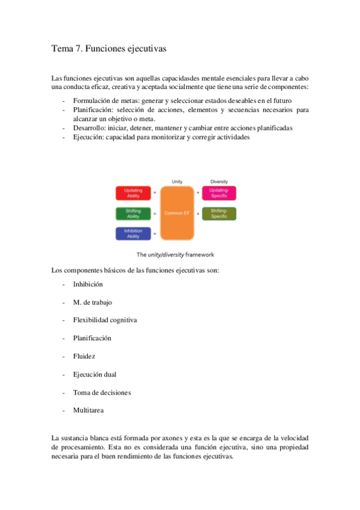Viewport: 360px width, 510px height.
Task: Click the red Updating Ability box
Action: pos(133,192)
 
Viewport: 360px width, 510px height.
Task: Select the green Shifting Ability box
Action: pos(133,213)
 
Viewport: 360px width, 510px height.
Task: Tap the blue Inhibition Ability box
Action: pos(133,233)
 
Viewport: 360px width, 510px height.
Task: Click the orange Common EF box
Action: pos(177,213)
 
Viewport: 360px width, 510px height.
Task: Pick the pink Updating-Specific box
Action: pos(219,192)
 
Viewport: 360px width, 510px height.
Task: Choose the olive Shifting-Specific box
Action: pos(219,213)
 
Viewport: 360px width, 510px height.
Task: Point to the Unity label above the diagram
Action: pos(177,181)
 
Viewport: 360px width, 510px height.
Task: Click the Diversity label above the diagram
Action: pos(219,181)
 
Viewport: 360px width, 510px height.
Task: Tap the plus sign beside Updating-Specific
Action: pos(198,193)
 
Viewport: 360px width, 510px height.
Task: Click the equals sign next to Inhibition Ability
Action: pos(154,234)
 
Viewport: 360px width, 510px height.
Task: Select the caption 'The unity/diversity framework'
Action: pos(175,254)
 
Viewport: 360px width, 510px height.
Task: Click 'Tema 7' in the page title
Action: pos(67,49)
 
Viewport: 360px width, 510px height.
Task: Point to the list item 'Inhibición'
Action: pos(88,284)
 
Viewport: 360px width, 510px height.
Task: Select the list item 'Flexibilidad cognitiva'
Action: pos(105,320)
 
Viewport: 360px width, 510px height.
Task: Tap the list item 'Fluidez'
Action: pos(84,356)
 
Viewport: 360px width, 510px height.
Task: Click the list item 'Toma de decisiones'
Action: pos(102,392)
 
